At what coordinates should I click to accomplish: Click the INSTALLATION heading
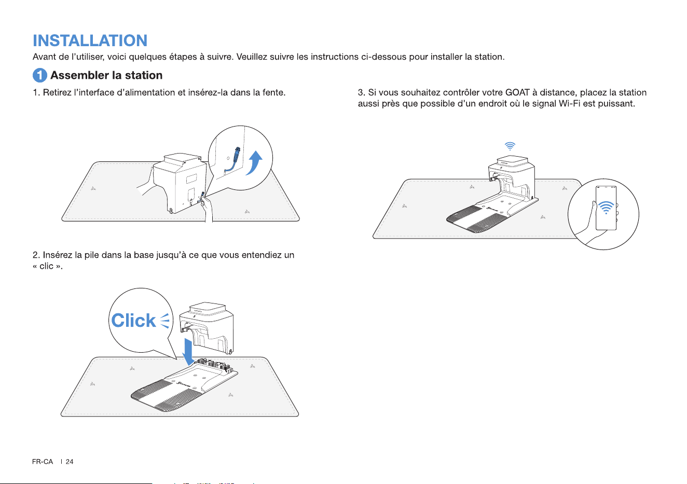tap(90, 40)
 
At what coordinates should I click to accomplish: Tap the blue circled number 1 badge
tap(40, 75)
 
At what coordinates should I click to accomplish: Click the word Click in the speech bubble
tap(133, 321)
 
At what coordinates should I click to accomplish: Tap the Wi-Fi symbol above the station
tap(510, 146)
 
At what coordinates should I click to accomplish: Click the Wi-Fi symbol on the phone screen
tap(606, 208)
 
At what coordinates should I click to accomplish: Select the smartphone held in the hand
tap(606, 208)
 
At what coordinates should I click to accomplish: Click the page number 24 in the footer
tap(70, 462)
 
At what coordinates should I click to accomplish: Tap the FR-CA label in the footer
tap(43, 462)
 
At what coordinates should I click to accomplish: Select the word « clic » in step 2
tap(48, 266)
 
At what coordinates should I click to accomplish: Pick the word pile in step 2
tap(91, 255)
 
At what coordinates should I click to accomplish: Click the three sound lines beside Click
tap(165, 321)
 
